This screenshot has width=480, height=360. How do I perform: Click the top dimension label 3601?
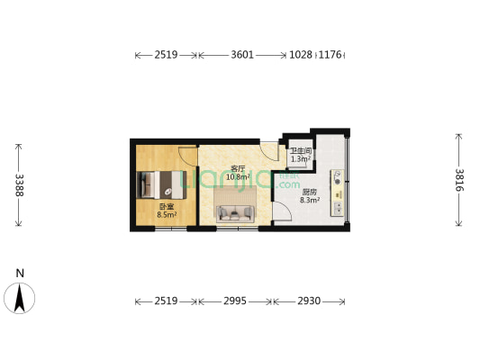point(241,55)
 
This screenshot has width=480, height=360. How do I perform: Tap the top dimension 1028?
point(301,55)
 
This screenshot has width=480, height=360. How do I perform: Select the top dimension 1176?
point(331,55)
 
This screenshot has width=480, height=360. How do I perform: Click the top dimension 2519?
point(166,55)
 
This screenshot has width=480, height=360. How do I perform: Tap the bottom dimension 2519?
point(166,300)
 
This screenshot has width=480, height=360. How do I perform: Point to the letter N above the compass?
point(20,273)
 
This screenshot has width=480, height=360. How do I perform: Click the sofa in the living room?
point(235,212)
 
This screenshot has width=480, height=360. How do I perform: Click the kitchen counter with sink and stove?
point(338,191)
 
